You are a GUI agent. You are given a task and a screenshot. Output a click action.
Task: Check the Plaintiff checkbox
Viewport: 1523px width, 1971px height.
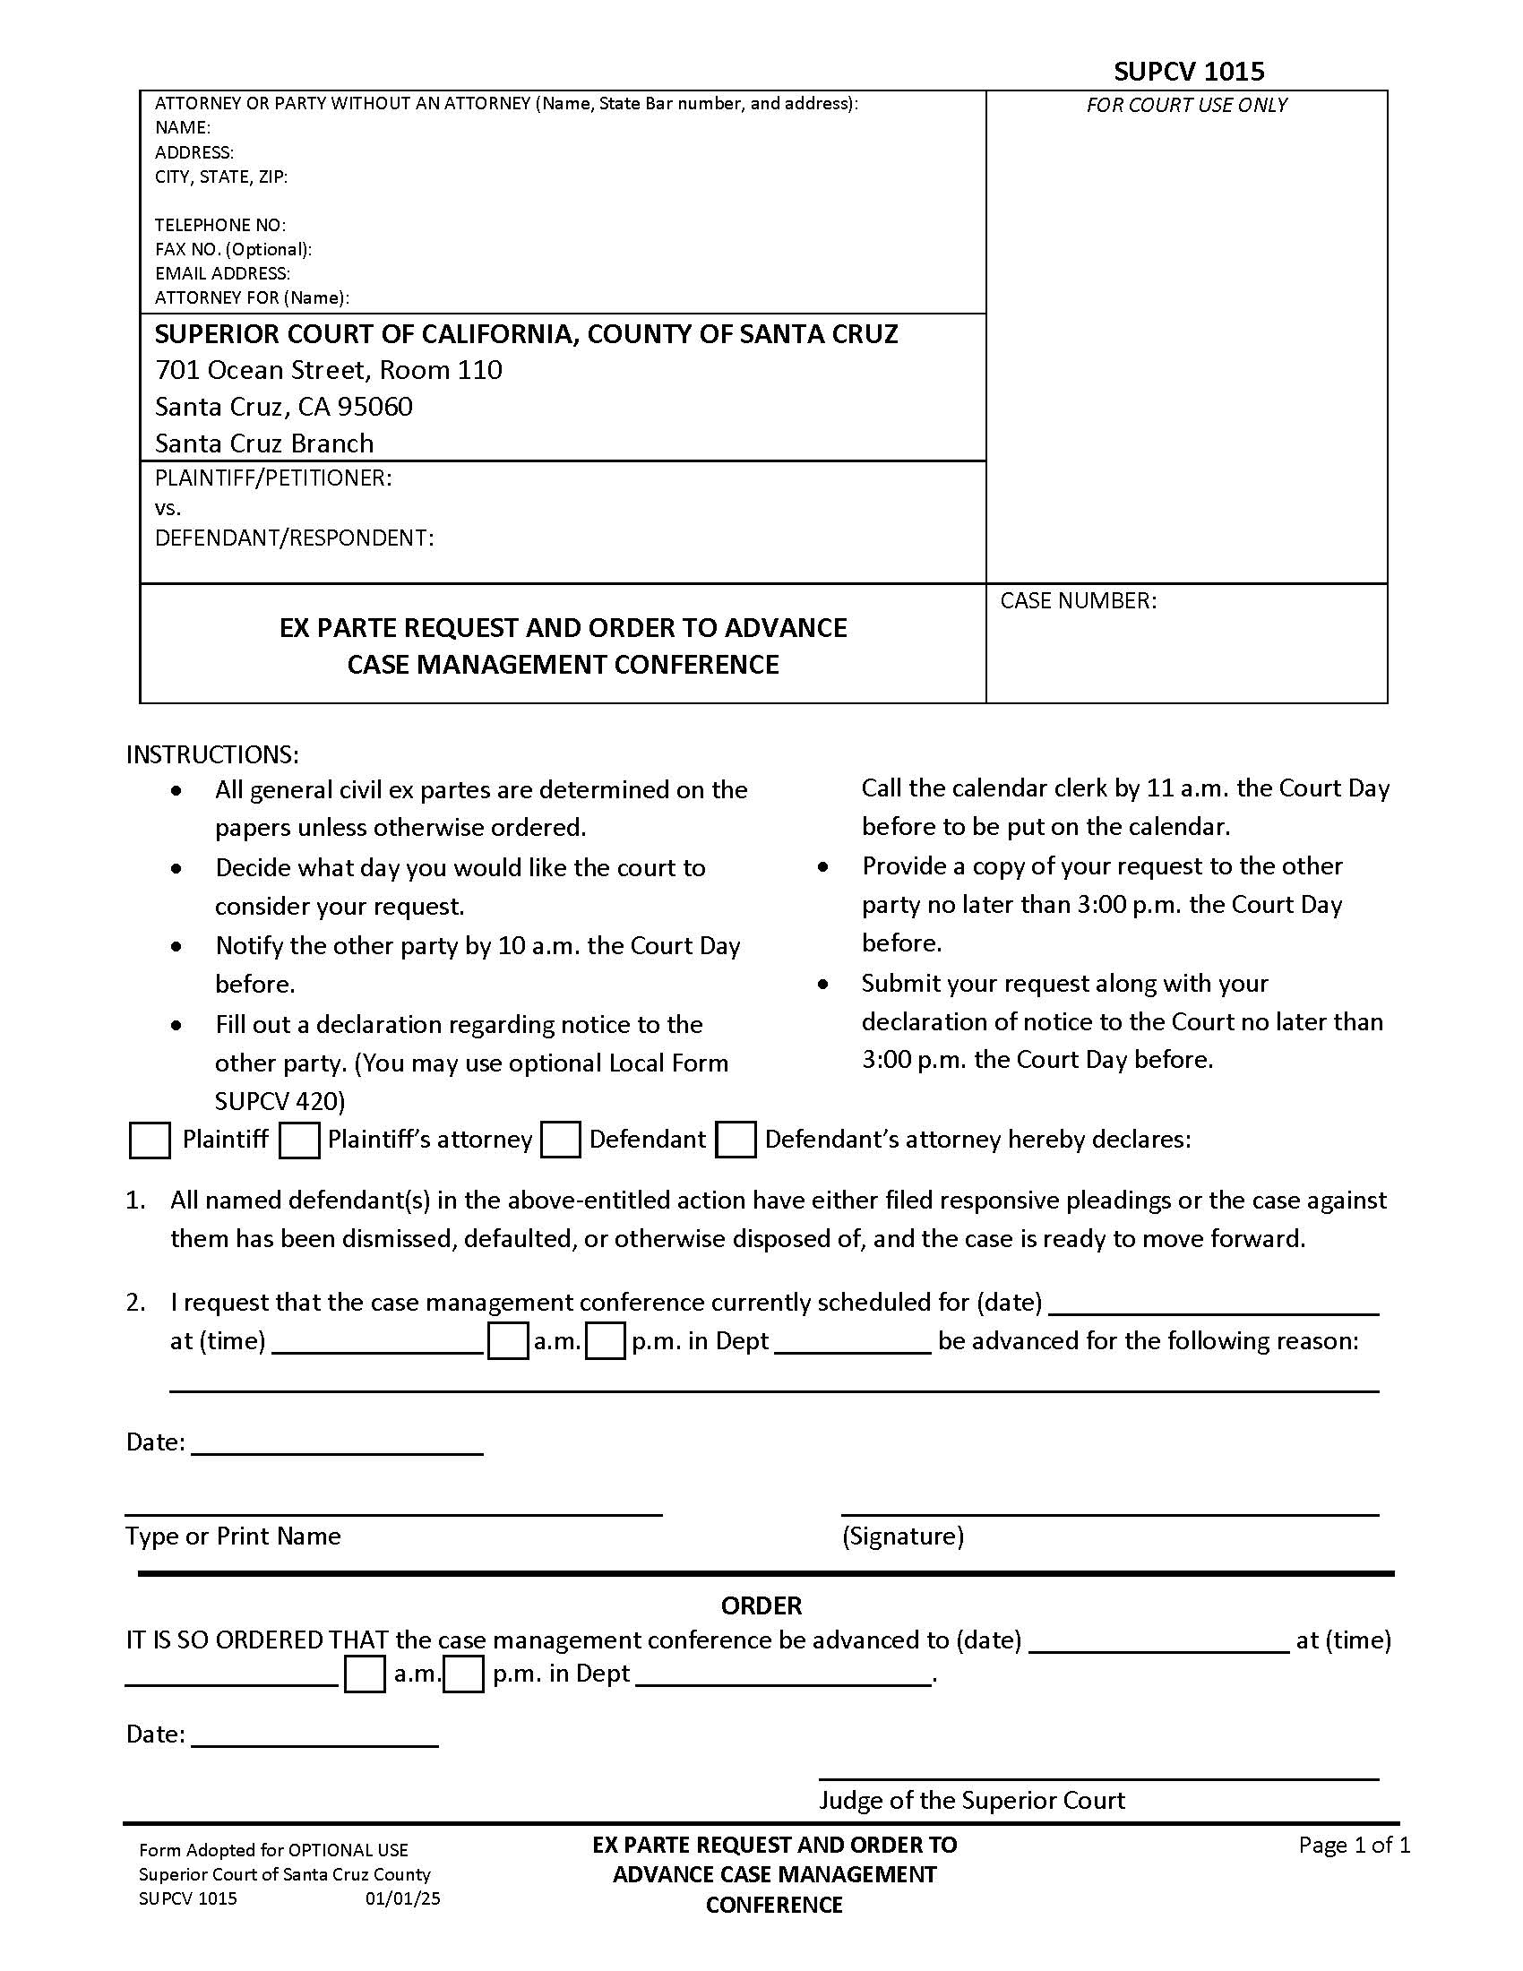[150, 1140]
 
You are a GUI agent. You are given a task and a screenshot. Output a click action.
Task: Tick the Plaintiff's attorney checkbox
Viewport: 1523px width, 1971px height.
[299, 1140]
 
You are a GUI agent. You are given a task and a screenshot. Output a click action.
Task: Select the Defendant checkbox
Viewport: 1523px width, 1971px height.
[560, 1140]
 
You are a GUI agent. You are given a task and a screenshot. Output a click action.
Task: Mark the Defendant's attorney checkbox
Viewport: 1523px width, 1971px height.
[736, 1140]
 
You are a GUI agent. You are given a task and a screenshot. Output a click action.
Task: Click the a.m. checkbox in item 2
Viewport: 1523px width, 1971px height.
[508, 1341]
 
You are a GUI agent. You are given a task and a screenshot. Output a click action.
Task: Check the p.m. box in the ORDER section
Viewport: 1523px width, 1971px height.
[464, 1674]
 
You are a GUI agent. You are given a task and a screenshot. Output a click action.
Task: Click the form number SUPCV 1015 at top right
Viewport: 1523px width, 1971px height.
[1188, 72]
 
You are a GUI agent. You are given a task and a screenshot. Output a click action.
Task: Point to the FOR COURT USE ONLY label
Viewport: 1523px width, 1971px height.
[1185, 105]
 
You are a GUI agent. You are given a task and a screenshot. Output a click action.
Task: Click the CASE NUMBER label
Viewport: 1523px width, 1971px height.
[1077, 600]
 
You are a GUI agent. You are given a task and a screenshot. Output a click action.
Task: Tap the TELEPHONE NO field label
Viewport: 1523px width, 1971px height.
[220, 225]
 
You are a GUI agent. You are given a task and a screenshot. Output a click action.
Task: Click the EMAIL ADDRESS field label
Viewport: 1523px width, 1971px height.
[222, 273]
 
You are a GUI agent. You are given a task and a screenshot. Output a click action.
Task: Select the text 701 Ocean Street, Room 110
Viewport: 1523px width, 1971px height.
[329, 370]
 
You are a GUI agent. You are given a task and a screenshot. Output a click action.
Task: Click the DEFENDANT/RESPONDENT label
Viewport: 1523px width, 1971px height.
[294, 538]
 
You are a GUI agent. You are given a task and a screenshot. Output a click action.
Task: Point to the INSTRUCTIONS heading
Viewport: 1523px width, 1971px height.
[212, 754]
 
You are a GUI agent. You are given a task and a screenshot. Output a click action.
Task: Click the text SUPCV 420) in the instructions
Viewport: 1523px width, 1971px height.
[280, 1101]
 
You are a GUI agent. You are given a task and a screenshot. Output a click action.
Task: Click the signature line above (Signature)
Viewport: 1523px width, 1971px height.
[1110, 1512]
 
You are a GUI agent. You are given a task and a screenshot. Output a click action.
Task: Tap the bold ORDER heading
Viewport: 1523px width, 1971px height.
[761, 1605]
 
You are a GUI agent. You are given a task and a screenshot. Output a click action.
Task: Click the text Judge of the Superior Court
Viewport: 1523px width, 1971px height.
[972, 1801]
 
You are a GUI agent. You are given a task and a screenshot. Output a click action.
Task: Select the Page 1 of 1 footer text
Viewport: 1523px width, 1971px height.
[1354, 1846]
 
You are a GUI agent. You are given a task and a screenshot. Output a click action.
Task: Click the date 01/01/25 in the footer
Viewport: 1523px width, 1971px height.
[402, 1898]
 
